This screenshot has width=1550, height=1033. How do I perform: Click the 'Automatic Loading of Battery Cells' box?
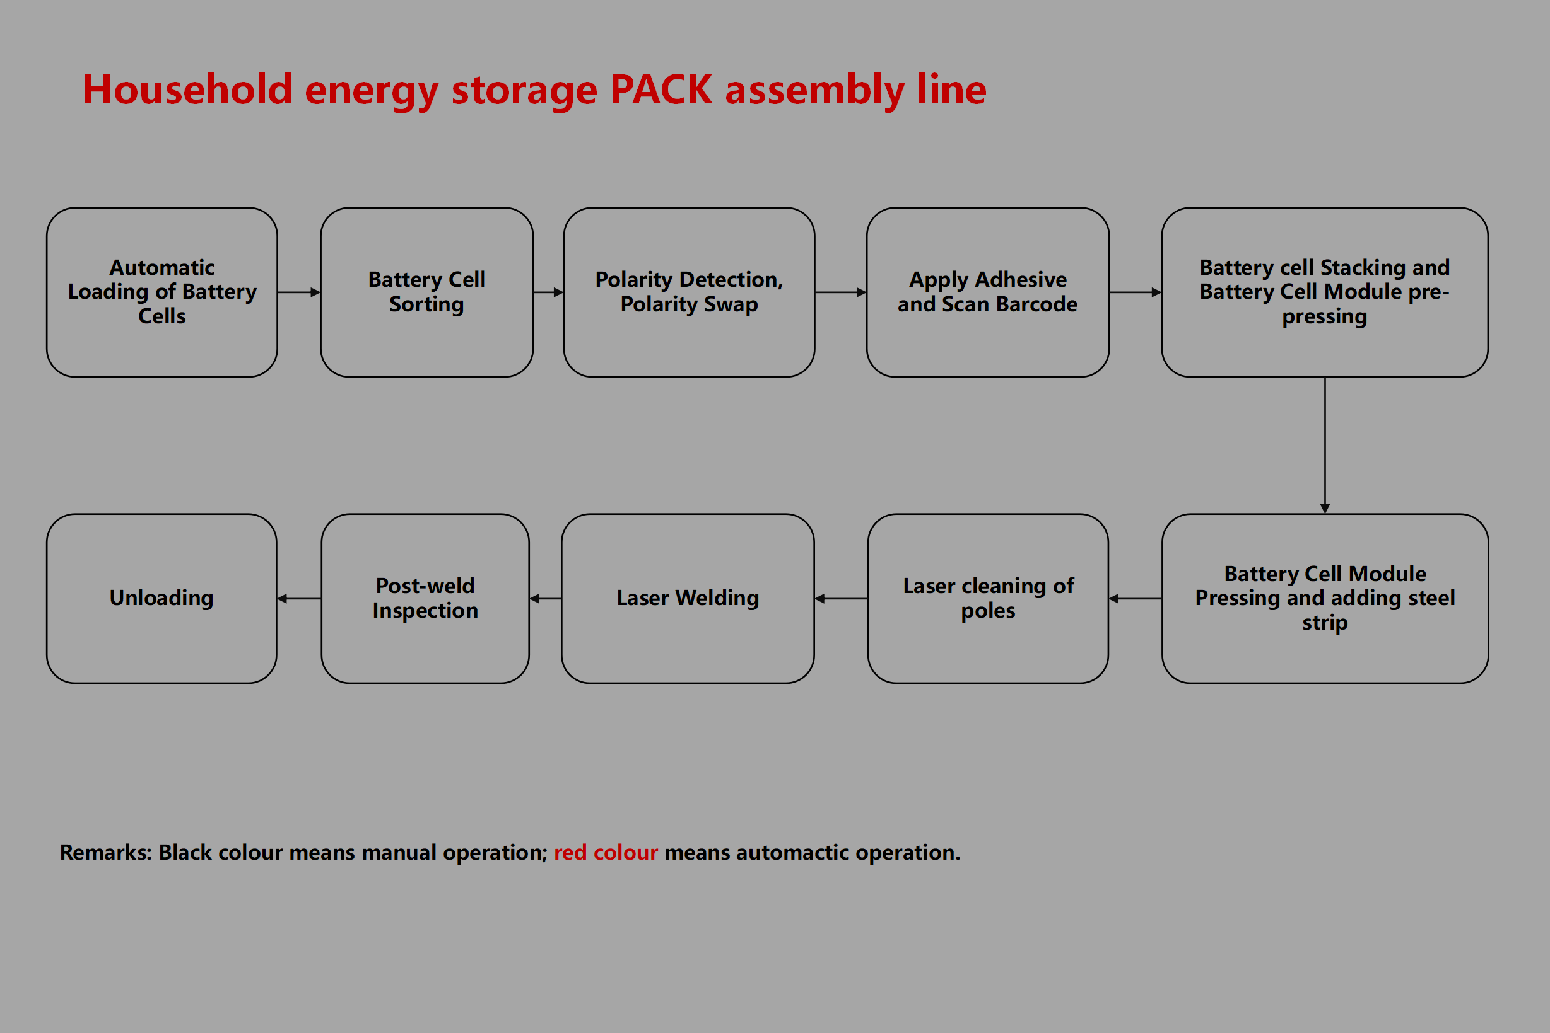point(161,292)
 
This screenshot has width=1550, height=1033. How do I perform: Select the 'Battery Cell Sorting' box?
point(426,292)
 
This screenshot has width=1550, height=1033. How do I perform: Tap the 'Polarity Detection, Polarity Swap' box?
point(689,292)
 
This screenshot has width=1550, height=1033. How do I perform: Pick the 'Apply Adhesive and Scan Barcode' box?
point(988,292)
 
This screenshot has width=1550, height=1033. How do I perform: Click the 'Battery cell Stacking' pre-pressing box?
point(1325,292)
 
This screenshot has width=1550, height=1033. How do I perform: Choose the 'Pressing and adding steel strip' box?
point(1325,598)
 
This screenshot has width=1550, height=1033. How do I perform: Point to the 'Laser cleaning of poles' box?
point(988,598)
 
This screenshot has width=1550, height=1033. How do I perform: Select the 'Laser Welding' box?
point(688,598)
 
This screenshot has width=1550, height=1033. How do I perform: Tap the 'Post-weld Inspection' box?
point(425,598)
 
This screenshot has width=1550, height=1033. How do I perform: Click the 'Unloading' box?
point(161,598)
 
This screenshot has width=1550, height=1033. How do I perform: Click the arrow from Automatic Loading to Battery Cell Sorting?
point(298,292)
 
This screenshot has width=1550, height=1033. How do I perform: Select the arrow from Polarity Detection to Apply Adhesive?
point(840,292)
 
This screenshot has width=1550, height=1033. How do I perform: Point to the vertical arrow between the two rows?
point(1325,445)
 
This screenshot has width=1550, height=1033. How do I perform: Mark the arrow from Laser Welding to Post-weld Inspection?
point(545,598)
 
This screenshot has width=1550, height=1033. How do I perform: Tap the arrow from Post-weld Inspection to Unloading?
point(299,598)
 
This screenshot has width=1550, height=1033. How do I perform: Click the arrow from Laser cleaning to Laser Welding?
point(840,598)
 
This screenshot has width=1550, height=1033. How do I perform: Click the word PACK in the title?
point(661,89)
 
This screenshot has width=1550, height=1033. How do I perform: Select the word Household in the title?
point(187,89)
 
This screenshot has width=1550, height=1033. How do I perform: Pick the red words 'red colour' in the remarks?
point(605,853)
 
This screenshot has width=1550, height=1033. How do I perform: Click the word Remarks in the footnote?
point(105,853)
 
